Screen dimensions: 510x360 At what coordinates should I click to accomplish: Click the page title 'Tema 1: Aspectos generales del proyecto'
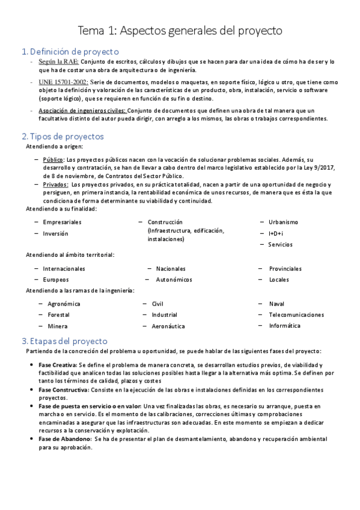click(180, 30)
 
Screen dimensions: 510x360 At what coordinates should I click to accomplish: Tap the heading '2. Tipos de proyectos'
click(63, 137)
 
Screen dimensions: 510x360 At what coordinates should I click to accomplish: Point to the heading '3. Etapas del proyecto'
click(64, 340)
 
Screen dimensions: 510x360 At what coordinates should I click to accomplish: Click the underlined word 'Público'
click(53, 159)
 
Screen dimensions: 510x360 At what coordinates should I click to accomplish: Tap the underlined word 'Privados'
click(55, 185)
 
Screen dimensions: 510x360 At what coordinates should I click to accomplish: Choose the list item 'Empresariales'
click(62, 223)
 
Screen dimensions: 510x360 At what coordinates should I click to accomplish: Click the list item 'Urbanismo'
click(283, 222)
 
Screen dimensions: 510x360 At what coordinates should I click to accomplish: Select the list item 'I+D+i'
click(276, 233)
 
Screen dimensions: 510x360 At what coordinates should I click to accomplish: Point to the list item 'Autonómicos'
click(174, 280)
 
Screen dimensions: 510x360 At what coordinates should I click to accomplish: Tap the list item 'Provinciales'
click(285, 269)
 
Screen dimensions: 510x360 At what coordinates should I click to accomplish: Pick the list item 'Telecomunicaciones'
click(296, 315)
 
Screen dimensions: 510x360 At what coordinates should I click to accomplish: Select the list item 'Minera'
click(57, 326)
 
